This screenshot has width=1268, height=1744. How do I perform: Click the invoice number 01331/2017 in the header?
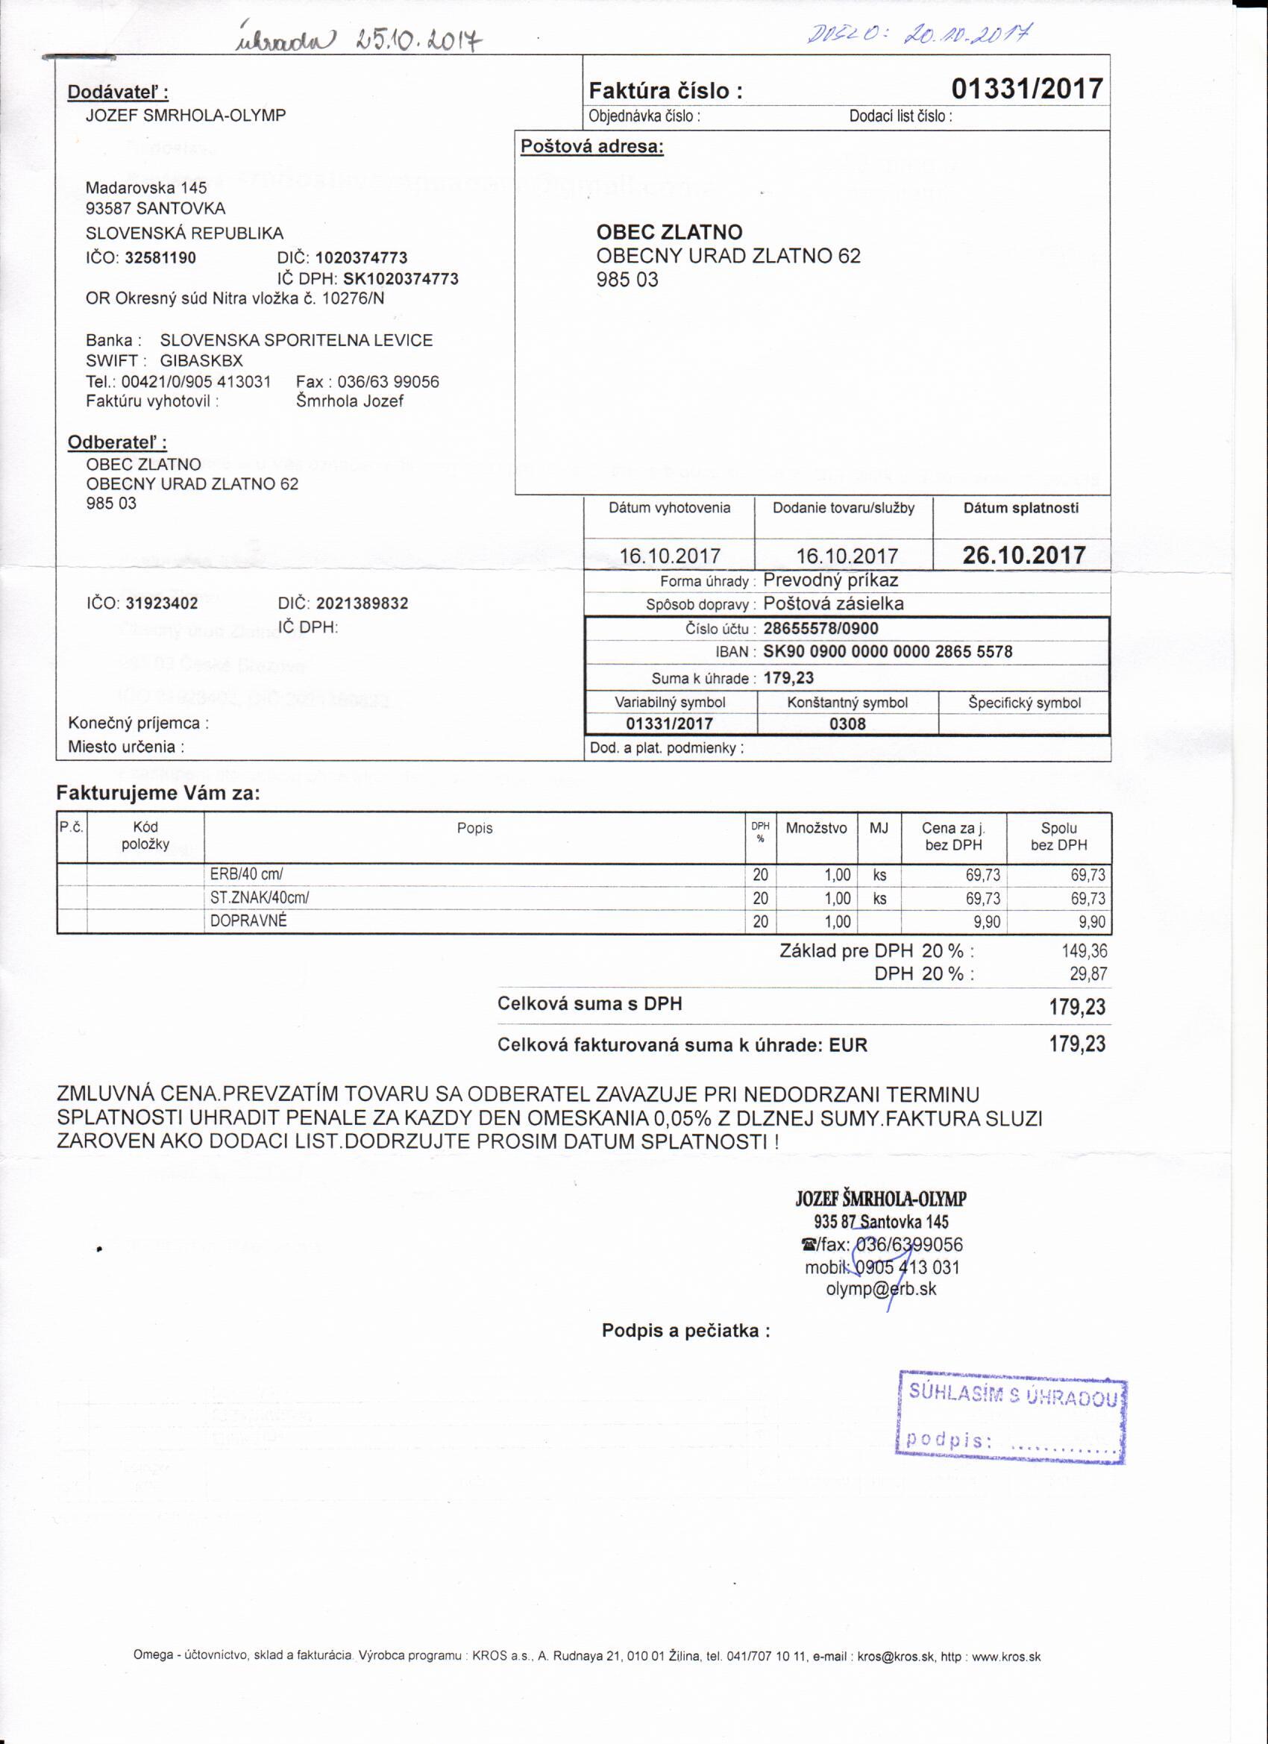[x=1026, y=90]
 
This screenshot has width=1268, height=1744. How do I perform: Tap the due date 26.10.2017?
[x=1023, y=555]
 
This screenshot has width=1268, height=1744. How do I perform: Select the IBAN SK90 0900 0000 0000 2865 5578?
[x=888, y=652]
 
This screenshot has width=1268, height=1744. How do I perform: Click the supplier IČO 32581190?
[x=160, y=257]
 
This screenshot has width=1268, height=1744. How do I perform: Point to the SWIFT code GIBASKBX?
[x=201, y=360]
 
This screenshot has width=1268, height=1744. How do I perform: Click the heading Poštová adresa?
[x=591, y=146]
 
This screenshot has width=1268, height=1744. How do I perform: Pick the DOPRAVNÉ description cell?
[x=248, y=920]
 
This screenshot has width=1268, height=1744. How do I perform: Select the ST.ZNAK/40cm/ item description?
[x=259, y=897]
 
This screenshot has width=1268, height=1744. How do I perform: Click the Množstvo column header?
[x=816, y=828]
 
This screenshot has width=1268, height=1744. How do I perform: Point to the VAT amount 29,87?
[x=1088, y=974]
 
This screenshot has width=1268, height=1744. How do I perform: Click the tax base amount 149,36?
[x=1085, y=951]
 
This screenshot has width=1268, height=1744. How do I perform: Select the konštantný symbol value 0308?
[x=847, y=724]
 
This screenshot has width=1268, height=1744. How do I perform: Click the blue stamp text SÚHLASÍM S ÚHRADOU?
[x=1012, y=1395]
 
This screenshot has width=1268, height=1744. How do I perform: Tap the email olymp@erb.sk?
[x=881, y=1290]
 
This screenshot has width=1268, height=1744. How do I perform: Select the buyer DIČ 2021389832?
[x=362, y=603]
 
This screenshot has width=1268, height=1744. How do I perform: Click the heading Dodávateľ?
[x=118, y=92]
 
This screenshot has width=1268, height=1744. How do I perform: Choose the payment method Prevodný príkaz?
[x=830, y=580]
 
